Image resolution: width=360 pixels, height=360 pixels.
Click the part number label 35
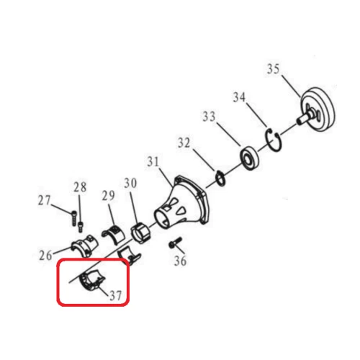273,70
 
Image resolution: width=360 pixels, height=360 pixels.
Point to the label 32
184,143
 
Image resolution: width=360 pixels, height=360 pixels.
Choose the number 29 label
108,195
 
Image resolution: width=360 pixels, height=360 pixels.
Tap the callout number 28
79,187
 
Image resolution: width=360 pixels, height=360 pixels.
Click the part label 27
45,200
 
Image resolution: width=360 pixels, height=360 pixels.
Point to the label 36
180,261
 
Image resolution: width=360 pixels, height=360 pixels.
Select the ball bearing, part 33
251,156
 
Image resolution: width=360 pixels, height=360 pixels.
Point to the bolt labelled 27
72,213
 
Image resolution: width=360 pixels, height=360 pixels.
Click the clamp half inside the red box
93,280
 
